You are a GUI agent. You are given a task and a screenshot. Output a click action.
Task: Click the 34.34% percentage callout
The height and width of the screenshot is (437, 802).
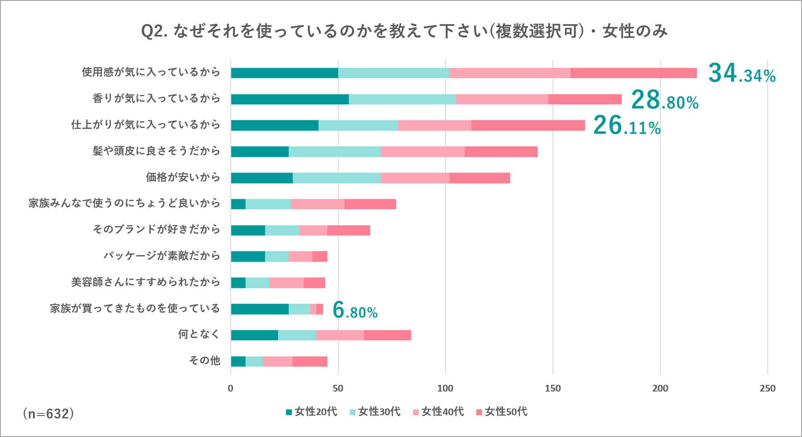coord(741,74)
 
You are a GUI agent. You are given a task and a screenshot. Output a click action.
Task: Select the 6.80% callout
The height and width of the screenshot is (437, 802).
coord(355,310)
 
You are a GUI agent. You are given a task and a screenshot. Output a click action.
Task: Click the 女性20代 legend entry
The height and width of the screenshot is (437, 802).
coord(311,412)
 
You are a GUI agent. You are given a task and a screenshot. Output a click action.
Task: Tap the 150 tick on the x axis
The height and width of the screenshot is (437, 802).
coord(553,388)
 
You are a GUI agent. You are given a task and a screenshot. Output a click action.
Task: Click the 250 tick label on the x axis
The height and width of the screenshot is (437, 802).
coord(767,388)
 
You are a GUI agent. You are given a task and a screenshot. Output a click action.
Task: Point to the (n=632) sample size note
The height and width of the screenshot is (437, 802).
coord(48,414)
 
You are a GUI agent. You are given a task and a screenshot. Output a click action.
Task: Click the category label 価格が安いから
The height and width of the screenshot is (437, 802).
coord(183,177)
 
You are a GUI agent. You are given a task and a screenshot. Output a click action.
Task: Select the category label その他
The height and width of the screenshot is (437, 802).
coord(205,360)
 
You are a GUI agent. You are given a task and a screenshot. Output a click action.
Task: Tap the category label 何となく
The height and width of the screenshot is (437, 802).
coord(199,334)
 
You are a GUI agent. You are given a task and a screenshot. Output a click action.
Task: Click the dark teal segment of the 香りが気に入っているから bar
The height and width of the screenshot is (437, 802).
coord(290,99)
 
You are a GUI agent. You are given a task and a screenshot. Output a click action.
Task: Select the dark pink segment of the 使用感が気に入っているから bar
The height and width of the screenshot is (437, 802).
coord(634,73)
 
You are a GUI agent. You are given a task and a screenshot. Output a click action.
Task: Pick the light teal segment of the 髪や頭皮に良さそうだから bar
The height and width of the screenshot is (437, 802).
coord(335,152)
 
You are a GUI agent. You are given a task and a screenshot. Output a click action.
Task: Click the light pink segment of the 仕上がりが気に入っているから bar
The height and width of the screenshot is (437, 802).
coord(434,125)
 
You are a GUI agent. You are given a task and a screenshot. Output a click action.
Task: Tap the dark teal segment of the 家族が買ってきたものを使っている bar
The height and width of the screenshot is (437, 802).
coord(259,309)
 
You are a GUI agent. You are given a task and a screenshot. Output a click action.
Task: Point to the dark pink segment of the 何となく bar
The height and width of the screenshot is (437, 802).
coord(387,335)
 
